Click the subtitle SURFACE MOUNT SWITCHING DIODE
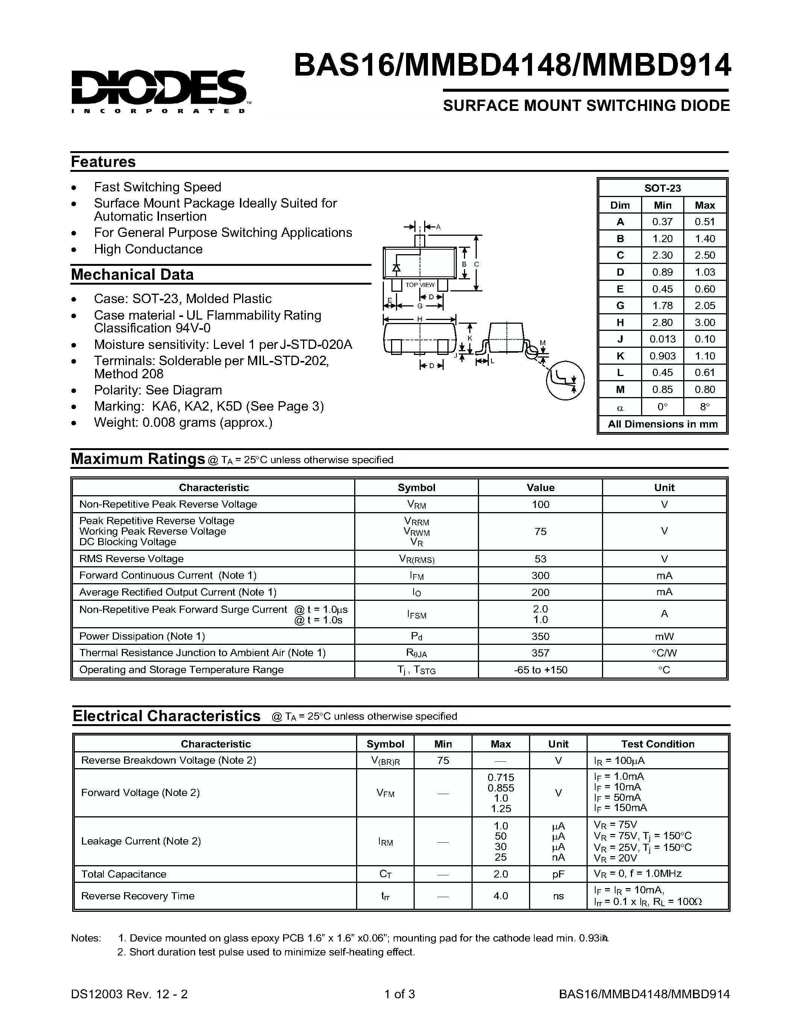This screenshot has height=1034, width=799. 586,106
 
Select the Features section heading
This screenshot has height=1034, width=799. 103,162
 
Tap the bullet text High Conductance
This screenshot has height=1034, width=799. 148,249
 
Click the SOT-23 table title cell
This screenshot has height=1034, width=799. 662,188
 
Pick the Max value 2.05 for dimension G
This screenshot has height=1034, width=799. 704,306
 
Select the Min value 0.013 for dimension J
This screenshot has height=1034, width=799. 662,339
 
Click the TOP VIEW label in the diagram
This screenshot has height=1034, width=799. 420,285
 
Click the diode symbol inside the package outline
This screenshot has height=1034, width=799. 397,268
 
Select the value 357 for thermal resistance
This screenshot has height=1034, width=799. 540,653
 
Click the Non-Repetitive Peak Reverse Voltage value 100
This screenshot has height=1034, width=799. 540,504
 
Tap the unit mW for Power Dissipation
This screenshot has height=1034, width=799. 664,636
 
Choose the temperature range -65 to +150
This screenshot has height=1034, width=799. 540,670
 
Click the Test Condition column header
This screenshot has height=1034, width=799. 658,744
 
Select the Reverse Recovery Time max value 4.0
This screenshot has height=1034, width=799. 500,896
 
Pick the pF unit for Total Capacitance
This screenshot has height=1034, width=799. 558,874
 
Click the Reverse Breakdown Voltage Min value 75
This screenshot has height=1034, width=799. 443,760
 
